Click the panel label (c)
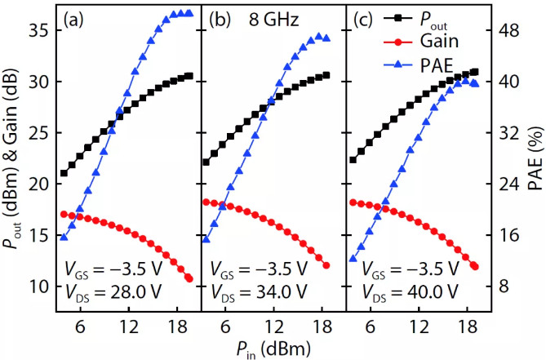[x=365, y=17]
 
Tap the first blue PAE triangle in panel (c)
[x=353, y=259]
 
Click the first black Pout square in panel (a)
[x=64, y=173]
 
